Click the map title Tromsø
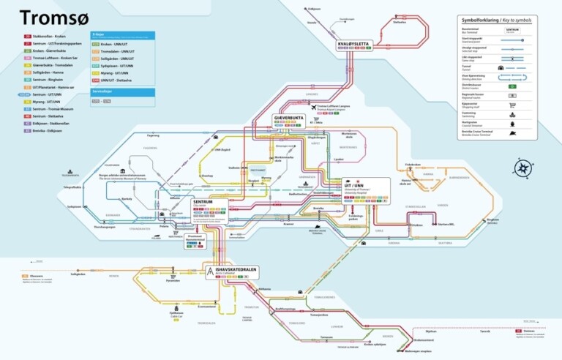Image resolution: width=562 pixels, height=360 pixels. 45,17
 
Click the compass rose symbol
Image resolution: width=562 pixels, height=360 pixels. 522,168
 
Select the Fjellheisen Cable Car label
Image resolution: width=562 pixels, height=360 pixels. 176,314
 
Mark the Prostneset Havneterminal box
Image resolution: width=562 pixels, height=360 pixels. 194,238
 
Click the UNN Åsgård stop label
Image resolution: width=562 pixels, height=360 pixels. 221,149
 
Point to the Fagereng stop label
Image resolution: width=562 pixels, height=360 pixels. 153,135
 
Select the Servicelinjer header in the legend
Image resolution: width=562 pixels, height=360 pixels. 102,91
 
